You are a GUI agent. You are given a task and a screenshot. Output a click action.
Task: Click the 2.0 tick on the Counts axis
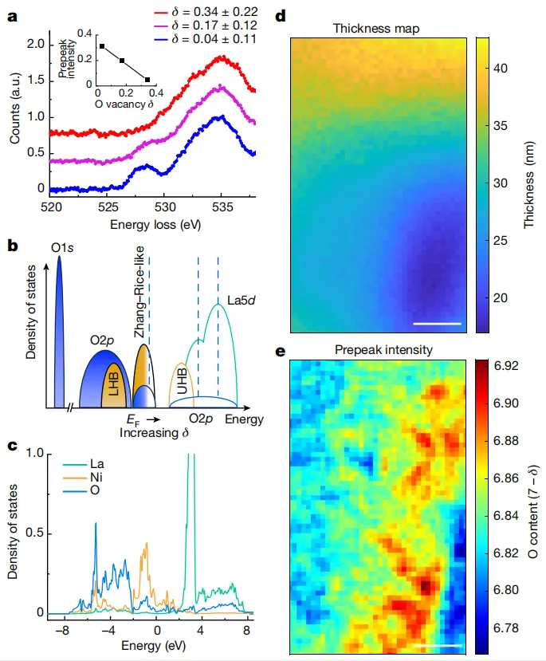point(33,45)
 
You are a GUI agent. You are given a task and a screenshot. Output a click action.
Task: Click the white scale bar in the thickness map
point(438,324)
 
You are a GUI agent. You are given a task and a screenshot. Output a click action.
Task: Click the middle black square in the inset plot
point(122,61)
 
